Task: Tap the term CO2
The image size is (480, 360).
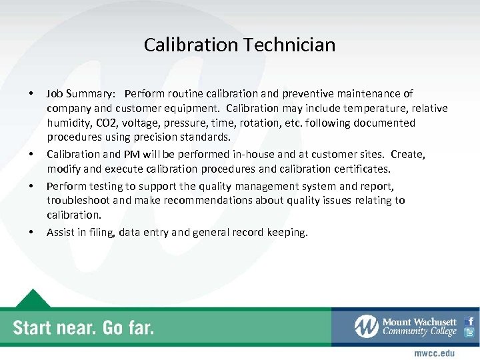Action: [105, 123]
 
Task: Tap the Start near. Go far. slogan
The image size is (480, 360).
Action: [83, 327]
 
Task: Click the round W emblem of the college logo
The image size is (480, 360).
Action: [367, 327]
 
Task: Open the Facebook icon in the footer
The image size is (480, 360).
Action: [469, 321]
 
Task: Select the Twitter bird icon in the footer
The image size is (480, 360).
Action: [469, 333]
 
